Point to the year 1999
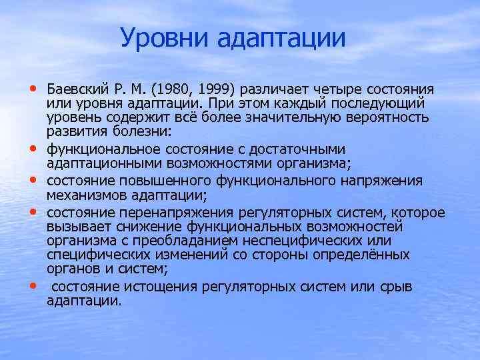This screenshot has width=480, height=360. pos(212,90)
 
